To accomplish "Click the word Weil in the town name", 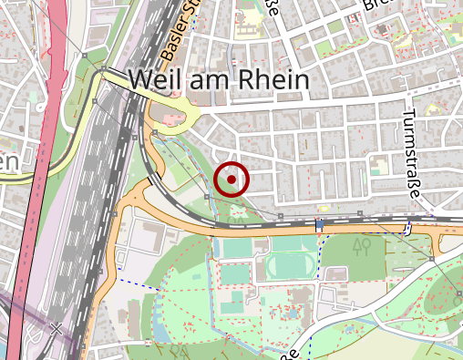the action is point(156,79).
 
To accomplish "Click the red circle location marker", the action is point(232,180).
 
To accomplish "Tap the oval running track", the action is point(292,266).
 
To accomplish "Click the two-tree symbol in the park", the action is point(363,245).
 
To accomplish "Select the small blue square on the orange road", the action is point(320,223).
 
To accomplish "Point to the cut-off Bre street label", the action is point(375,6).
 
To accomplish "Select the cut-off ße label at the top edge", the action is point(272,10).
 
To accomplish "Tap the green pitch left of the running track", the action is point(238,248).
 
